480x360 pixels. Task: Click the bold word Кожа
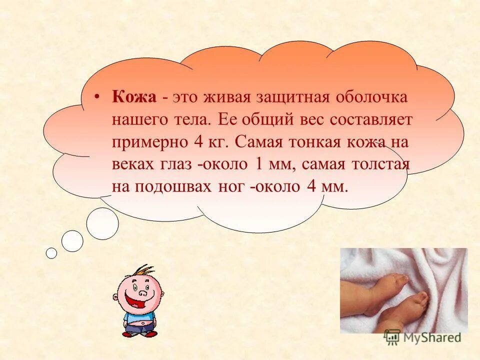click(x=134, y=97)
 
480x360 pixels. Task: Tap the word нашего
click(x=136, y=120)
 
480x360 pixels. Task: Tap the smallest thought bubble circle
click(x=51, y=253)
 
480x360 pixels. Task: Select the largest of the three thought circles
click(x=102, y=223)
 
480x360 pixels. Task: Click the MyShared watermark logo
click(x=422, y=337)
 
